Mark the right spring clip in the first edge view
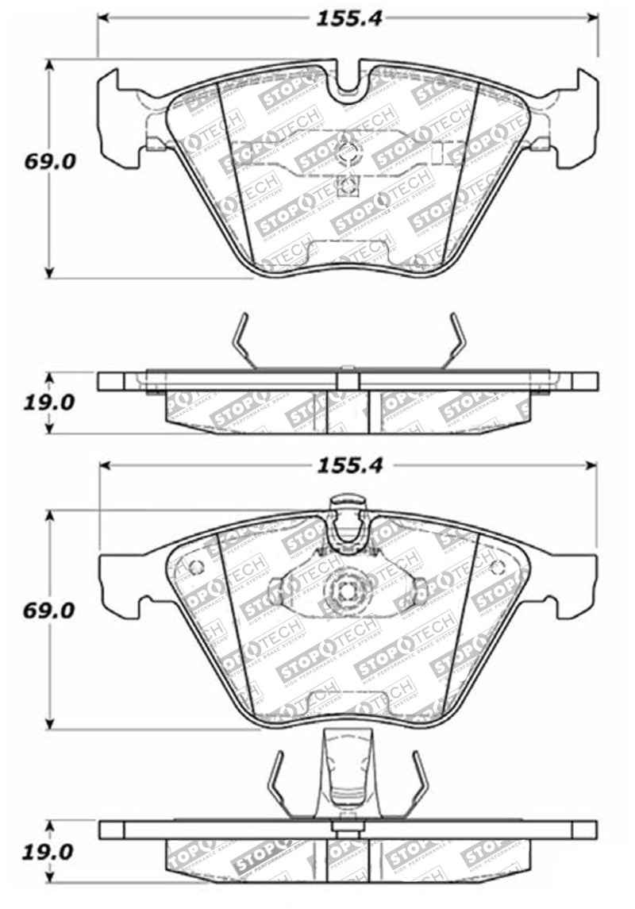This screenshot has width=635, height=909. coord(453,341)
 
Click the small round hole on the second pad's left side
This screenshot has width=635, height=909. coord(197,567)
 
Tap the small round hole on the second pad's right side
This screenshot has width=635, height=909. coord(498,567)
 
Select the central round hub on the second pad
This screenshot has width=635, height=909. coord(347,590)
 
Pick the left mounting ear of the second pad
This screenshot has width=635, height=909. coord(119,580)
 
